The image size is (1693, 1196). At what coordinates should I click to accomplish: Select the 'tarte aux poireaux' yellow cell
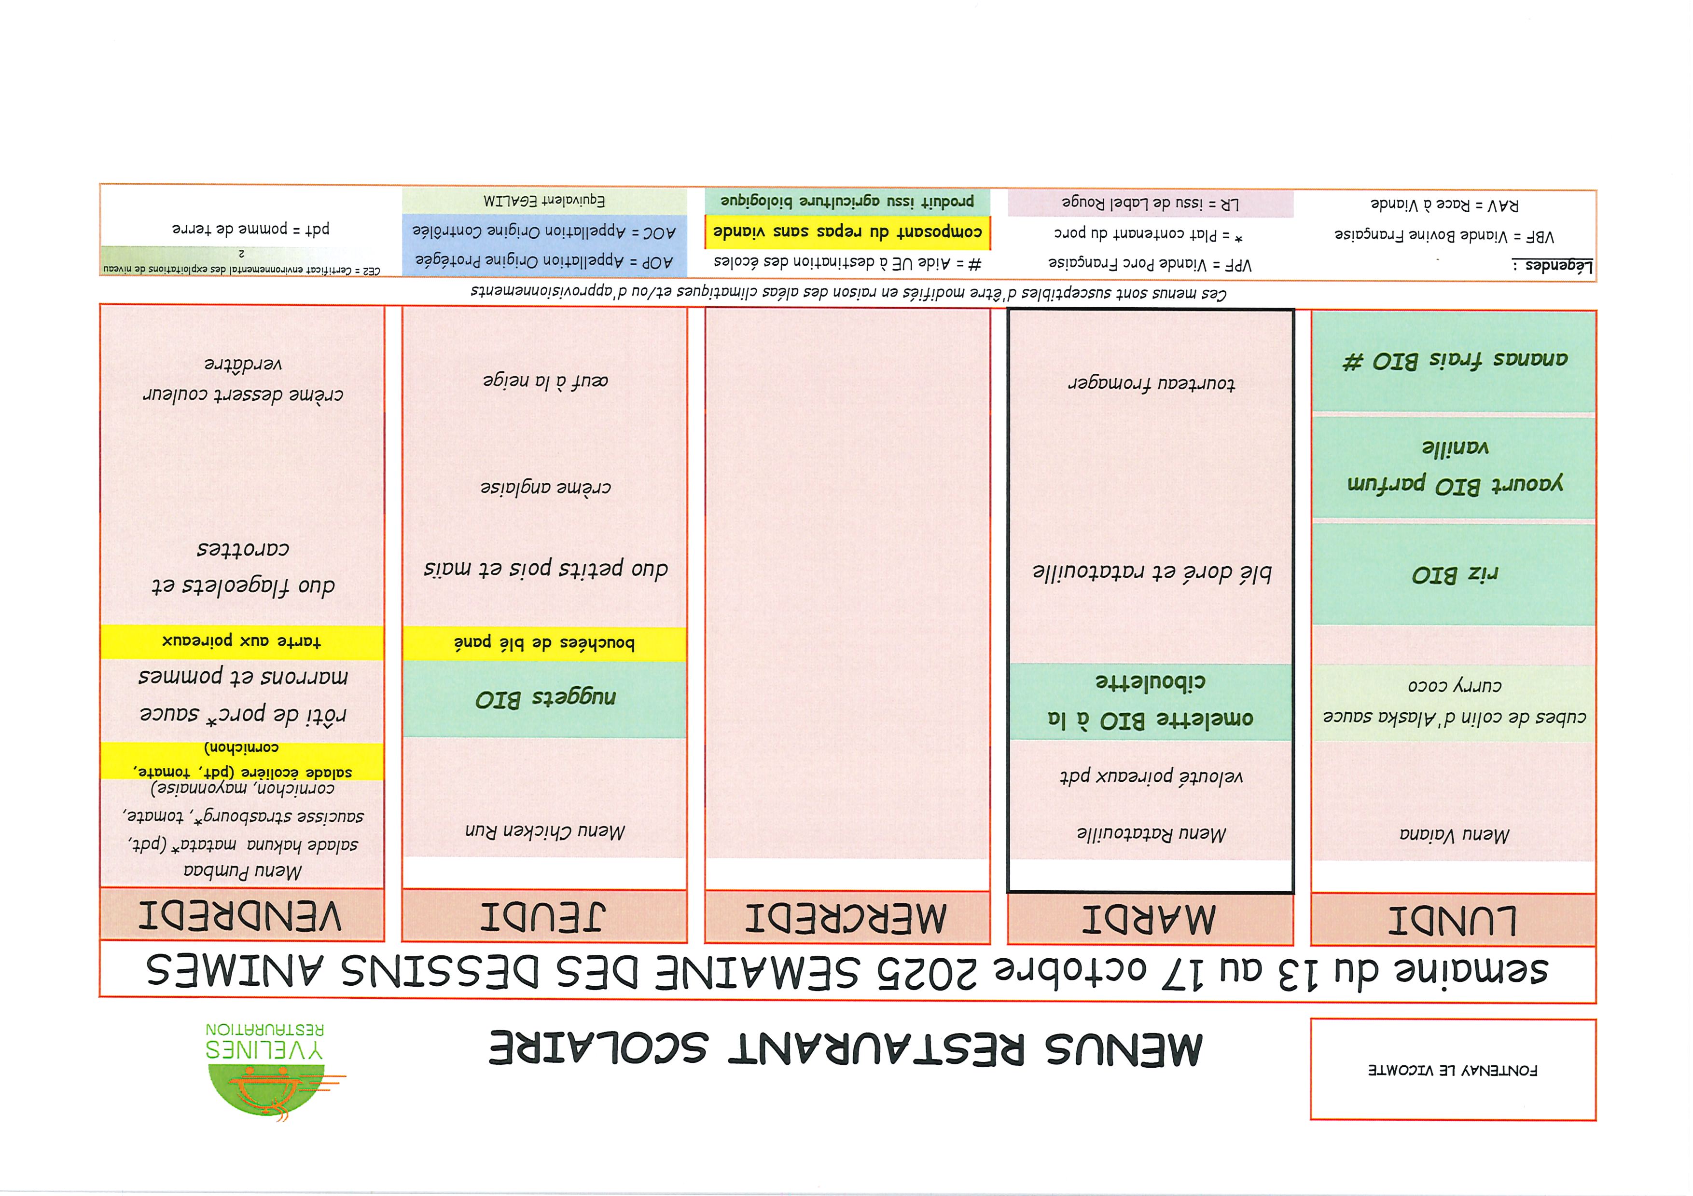pyautogui.click(x=242, y=641)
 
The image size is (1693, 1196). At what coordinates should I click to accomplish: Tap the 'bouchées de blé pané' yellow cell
pyautogui.click(x=544, y=643)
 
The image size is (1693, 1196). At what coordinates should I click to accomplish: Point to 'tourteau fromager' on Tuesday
pyautogui.click(x=1151, y=383)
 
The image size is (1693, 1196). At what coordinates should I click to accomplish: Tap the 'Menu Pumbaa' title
pyautogui.click(x=243, y=870)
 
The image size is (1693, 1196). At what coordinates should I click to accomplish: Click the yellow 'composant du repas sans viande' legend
pyautogui.click(x=847, y=232)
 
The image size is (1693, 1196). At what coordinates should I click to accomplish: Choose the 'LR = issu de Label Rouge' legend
pyautogui.click(x=1150, y=204)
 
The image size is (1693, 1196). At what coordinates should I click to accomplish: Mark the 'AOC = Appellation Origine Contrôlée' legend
pyautogui.click(x=544, y=231)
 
